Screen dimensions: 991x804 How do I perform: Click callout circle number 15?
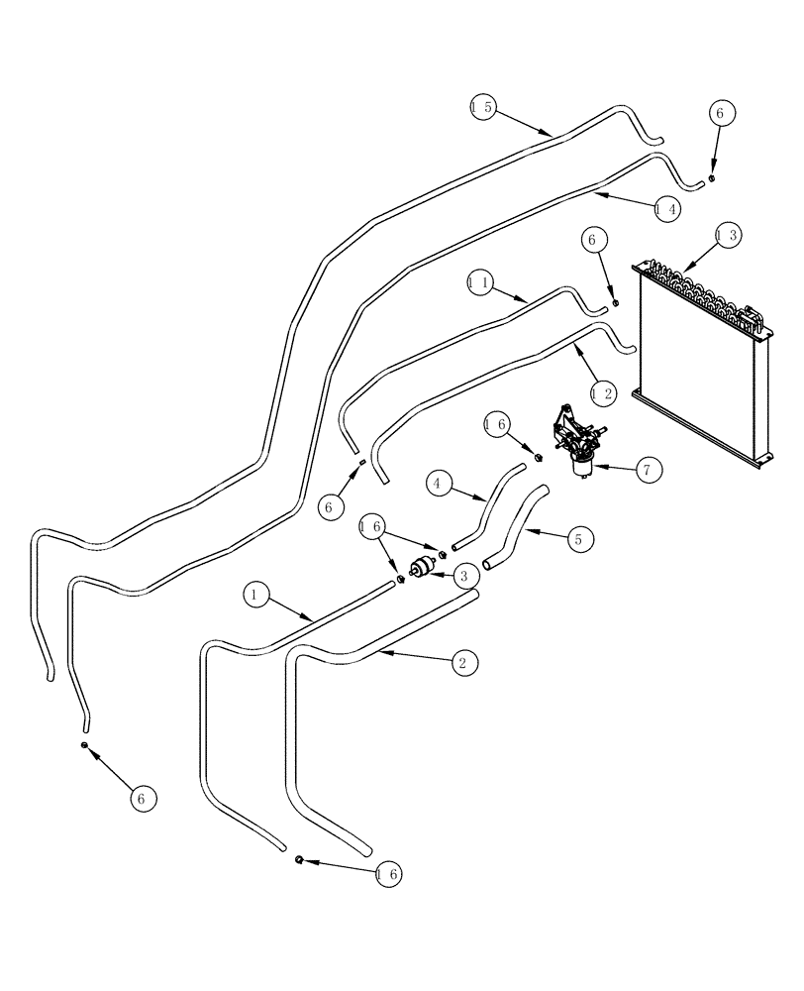[482, 106]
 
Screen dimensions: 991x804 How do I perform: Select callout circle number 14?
[668, 209]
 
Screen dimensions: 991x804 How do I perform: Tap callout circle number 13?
[728, 236]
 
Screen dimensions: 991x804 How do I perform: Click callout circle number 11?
[480, 283]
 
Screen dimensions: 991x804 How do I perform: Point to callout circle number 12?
[603, 393]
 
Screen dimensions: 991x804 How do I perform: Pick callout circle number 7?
[647, 469]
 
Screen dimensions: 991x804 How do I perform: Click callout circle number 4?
[441, 484]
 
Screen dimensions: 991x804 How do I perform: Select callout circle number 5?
[579, 539]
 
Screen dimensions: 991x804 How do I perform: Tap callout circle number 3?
[461, 574]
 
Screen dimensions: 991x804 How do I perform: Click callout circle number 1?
[254, 595]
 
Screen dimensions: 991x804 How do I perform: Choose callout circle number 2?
[460, 662]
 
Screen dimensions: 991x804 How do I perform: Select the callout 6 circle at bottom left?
[144, 799]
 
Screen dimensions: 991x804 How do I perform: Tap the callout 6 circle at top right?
[719, 113]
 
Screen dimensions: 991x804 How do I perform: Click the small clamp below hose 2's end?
[299, 859]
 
